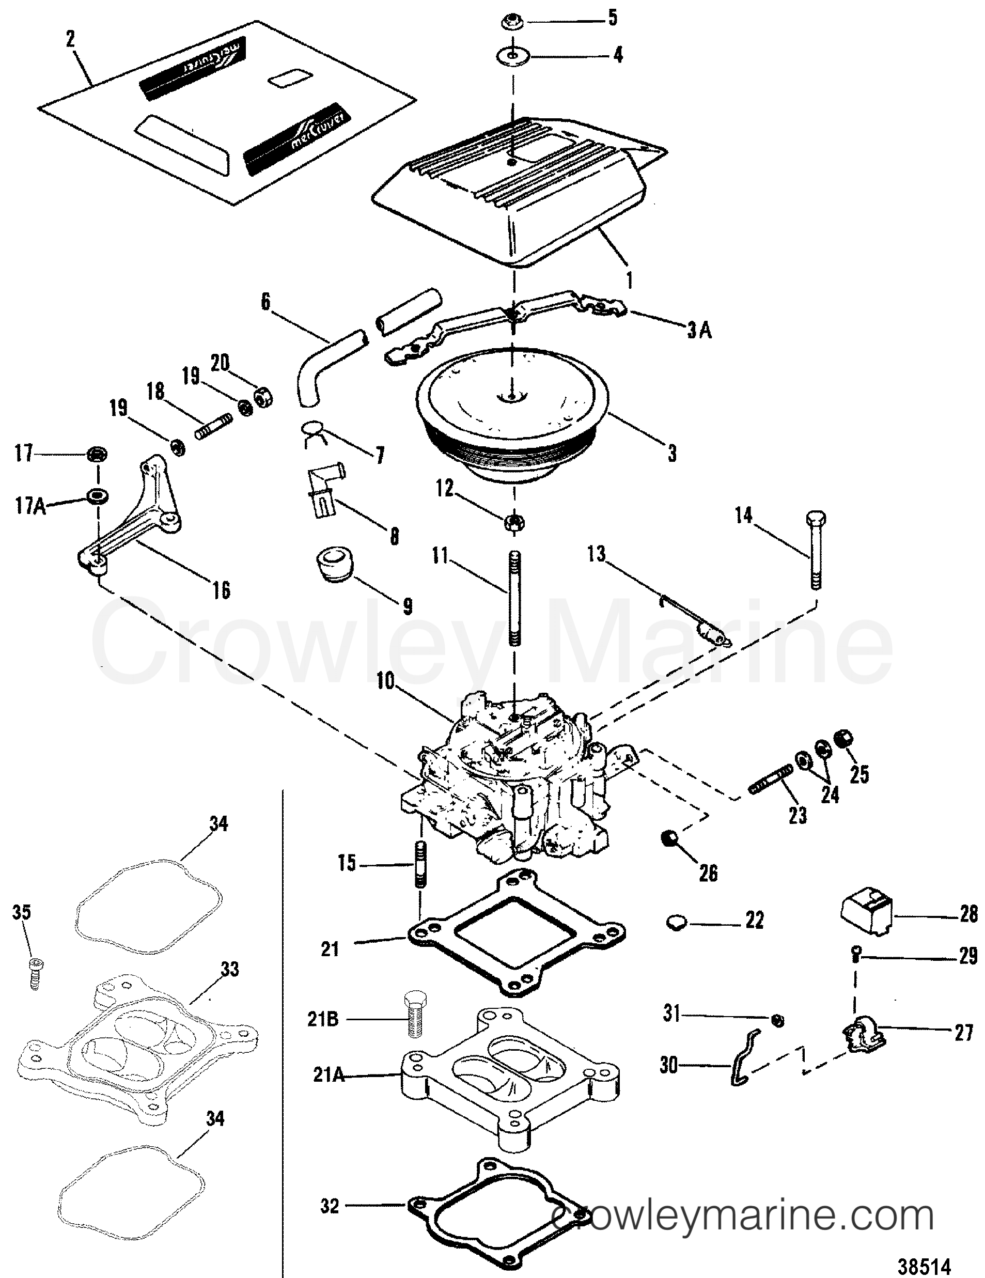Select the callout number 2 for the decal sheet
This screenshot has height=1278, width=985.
71,40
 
